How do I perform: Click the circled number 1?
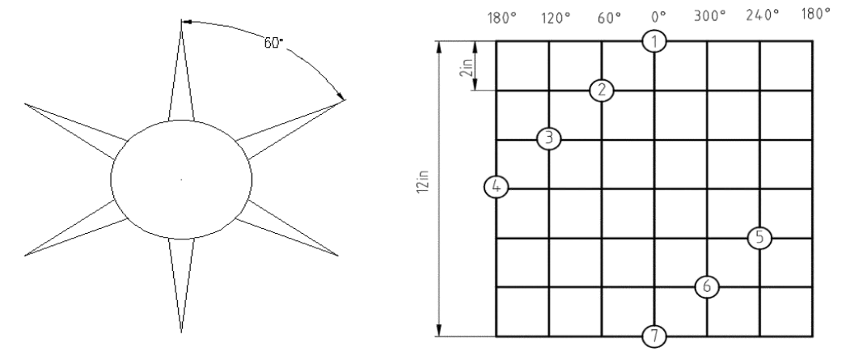point(654,40)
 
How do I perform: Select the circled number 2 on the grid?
point(602,90)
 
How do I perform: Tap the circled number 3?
point(549,138)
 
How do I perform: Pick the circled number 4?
point(497,188)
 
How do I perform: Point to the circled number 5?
point(759,238)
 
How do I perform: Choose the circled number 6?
point(707,286)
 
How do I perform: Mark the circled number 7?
point(654,336)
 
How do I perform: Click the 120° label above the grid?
point(556,18)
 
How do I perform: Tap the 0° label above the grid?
point(658,18)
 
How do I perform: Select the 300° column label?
point(710,16)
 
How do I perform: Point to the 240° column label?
point(763,15)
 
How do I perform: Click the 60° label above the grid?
point(610,18)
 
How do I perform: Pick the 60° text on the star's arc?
point(274,43)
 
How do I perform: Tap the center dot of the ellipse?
point(181,179)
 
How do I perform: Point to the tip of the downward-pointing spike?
point(181,332)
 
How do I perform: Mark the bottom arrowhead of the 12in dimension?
point(440,330)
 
